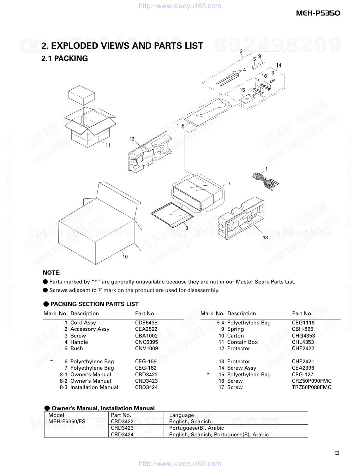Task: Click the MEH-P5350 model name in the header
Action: [x=318, y=13]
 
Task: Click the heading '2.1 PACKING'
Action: [x=65, y=59]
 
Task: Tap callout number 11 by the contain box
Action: [x=108, y=145]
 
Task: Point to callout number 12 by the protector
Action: [x=132, y=139]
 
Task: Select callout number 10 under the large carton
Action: [x=125, y=257]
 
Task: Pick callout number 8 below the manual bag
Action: [x=187, y=228]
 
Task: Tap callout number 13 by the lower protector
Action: [x=265, y=238]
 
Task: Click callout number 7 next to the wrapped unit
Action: [x=229, y=184]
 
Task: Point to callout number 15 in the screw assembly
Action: [x=242, y=90]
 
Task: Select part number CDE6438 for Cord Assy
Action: [x=146, y=323]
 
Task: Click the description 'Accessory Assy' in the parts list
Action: [x=90, y=329]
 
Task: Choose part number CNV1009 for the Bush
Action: [x=146, y=348]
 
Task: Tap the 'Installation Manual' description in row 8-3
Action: [x=94, y=387]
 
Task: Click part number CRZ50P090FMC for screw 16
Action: [x=312, y=381]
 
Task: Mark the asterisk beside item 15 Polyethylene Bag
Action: [x=208, y=374]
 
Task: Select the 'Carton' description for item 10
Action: [x=235, y=336]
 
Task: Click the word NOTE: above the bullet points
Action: [x=52, y=273]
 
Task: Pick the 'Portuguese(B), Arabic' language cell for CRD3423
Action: [x=196, y=428]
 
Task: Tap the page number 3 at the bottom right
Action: [x=337, y=453]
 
